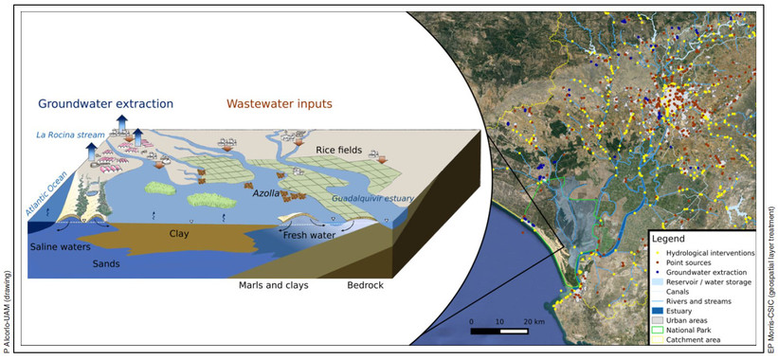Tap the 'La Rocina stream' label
63,136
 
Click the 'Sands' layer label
106,264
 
